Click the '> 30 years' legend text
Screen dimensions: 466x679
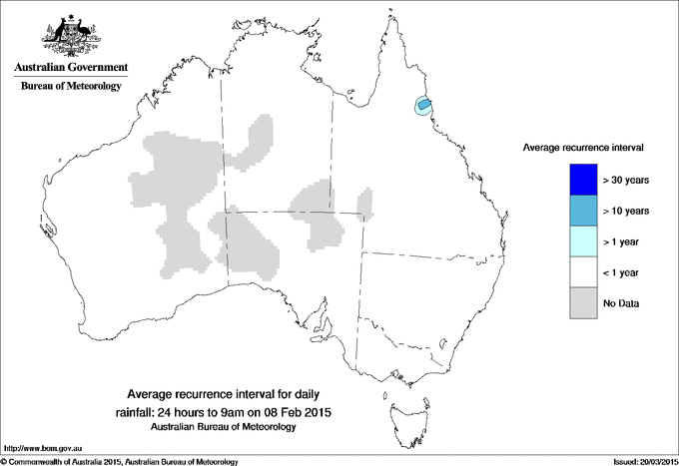(x=626, y=181)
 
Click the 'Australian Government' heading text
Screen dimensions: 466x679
(x=71, y=68)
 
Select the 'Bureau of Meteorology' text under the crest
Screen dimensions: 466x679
(x=71, y=87)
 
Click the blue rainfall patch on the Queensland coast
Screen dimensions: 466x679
(x=423, y=105)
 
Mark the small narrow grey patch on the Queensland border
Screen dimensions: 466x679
(x=364, y=204)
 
